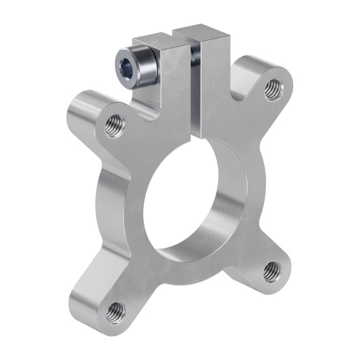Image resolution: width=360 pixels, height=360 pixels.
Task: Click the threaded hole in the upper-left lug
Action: coord(115,126)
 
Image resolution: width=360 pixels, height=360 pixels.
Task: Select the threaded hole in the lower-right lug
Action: coord(272,270)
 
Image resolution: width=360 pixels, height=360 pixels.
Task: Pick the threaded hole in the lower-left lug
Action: coord(115,311)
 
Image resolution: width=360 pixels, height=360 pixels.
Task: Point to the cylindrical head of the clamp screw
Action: coord(140,65)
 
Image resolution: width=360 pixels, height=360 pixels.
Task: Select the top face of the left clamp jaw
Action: coord(153,38)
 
